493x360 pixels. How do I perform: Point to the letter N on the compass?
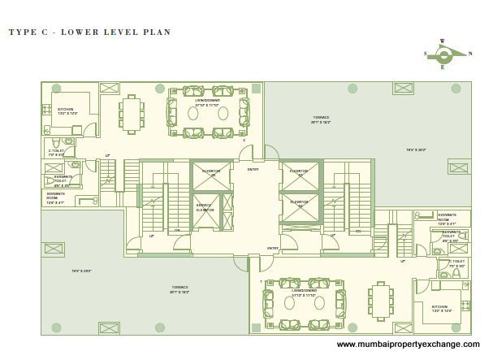tap(469, 54)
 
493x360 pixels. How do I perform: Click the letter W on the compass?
tap(442, 40)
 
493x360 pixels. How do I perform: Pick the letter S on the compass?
tap(426, 54)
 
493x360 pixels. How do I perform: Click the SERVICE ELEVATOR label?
tap(204, 209)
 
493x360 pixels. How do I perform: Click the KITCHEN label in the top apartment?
tap(64, 110)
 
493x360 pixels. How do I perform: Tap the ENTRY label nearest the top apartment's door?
tap(253, 169)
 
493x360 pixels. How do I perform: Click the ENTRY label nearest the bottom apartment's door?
tap(273, 249)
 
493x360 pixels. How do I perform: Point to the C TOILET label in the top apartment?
tap(56, 152)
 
